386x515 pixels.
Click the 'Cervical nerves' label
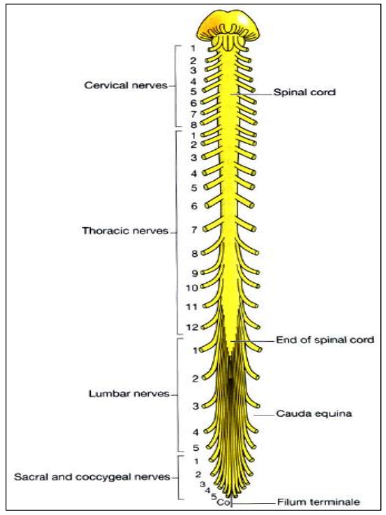tap(126, 86)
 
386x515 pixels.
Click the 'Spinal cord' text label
tap(304, 92)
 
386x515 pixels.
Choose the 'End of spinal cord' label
tap(324, 341)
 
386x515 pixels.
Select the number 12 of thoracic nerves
tap(192, 327)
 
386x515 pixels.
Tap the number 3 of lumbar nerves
tap(196, 406)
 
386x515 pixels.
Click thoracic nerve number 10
tap(192, 287)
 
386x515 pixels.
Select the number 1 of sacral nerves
tap(196, 461)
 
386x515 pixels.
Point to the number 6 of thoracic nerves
tap(194, 205)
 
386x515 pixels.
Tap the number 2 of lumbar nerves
tap(196, 379)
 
